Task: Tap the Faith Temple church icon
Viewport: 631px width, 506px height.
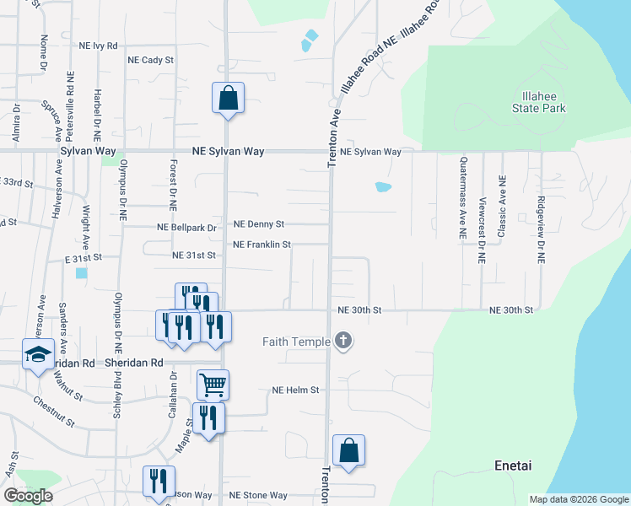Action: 342,341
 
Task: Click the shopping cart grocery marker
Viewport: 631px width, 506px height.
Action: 213,385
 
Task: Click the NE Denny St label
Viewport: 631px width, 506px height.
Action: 259,224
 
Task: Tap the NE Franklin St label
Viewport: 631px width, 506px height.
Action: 262,245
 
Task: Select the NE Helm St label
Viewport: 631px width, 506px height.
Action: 295,390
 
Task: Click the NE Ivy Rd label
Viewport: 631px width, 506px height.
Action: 99,46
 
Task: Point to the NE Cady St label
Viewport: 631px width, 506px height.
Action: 150,61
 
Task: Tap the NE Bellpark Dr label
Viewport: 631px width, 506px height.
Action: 187,228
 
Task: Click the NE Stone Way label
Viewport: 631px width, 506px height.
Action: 258,495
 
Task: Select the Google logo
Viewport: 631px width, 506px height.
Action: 28,496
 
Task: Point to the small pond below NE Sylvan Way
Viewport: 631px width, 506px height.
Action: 383,187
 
